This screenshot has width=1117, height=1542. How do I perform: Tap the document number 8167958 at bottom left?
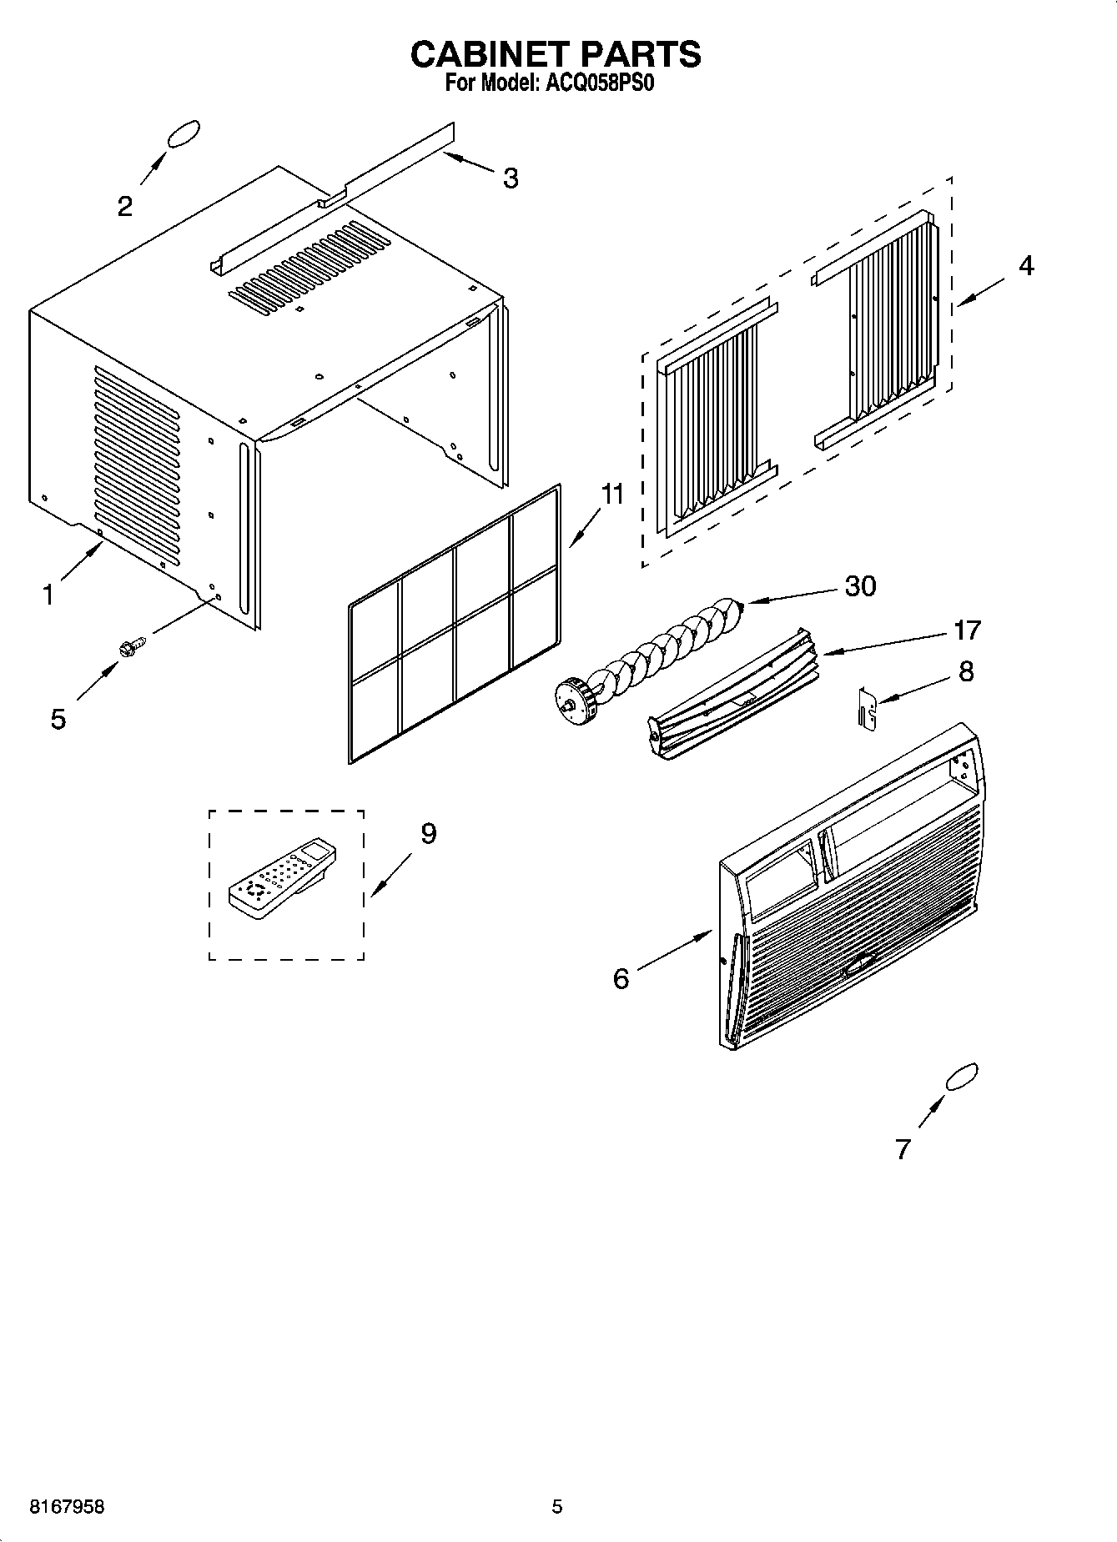click(67, 1507)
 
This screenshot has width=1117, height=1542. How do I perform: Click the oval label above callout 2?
click(184, 134)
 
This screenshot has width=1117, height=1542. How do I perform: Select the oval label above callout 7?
click(961, 1077)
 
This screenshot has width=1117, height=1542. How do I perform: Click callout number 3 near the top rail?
click(511, 178)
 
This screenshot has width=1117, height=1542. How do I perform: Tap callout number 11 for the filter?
click(612, 495)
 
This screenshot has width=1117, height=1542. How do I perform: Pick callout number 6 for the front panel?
click(621, 978)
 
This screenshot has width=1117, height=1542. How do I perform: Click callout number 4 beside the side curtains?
click(1026, 265)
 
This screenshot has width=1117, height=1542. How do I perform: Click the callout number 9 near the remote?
click(428, 833)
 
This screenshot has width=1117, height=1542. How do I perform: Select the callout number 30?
click(860, 586)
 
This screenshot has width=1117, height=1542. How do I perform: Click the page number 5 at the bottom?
click(557, 1507)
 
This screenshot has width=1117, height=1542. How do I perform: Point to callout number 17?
click(966, 630)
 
